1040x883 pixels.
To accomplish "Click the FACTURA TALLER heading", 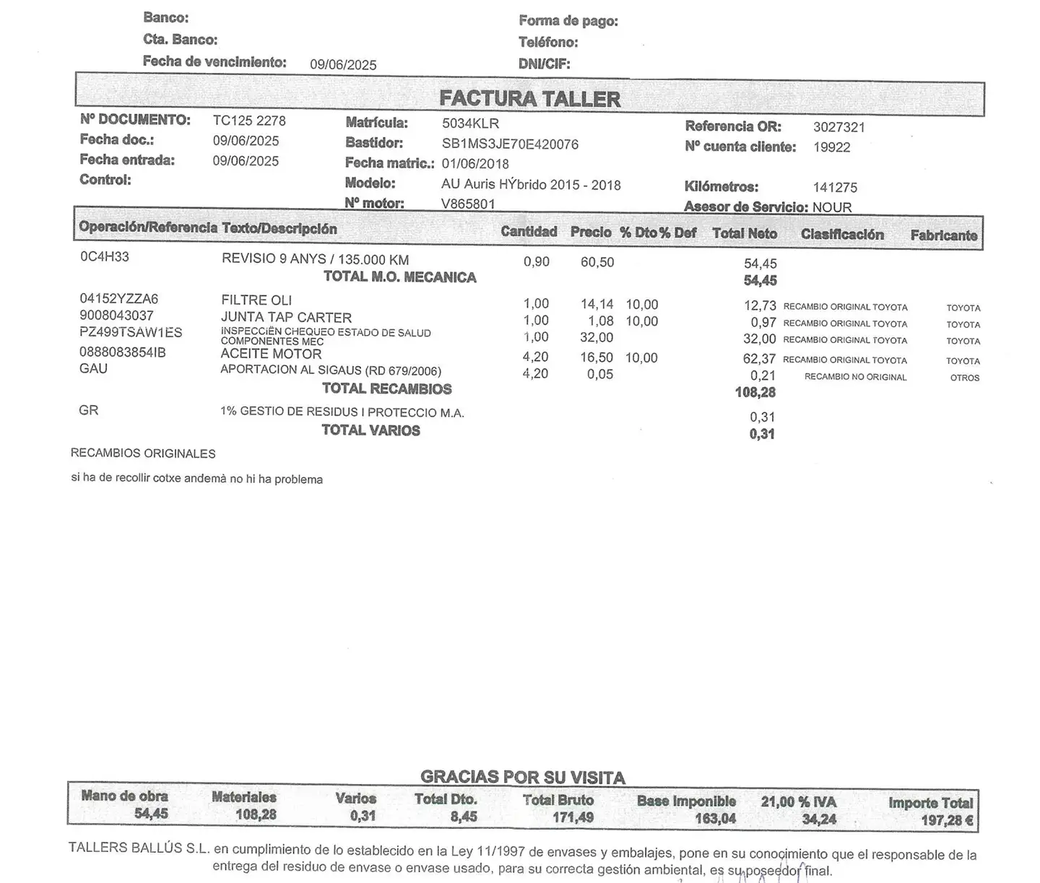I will click(x=529, y=99).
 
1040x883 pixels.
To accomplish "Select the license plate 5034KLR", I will click(x=470, y=123).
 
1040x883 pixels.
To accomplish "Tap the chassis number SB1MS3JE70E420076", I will click(x=510, y=144).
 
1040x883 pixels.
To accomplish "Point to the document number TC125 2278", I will click(x=249, y=121).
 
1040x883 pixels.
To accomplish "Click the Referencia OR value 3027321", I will click(x=838, y=127).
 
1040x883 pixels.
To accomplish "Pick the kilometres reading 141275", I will click(x=835, y=188).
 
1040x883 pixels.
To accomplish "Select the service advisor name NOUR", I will click(x=832, y=207).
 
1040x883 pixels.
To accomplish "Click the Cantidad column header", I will click(x=529, y=232).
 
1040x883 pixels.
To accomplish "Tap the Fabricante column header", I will click(x=943, y=235).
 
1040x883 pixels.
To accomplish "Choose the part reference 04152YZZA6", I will click(x=118, y=299).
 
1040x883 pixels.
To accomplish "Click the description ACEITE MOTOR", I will click(x=271, y=354).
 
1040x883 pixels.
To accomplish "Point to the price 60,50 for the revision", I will click(x=597, y=262).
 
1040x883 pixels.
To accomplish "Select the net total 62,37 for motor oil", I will click(x=759, y=359).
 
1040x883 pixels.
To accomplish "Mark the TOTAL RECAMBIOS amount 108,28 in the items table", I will click(x=755, y=392).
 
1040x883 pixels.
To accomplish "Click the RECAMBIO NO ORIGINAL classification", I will click(x=855, y=377).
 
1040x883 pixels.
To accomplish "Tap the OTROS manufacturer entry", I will click(x=964, y=378).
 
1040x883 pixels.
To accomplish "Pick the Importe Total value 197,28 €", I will click(x=947, y=820).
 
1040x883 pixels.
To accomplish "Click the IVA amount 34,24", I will click(x=818, y=819).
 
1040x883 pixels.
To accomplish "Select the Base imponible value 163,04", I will click(x=715, y=819).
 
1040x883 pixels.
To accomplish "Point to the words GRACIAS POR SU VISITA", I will click(x=522, y=778).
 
